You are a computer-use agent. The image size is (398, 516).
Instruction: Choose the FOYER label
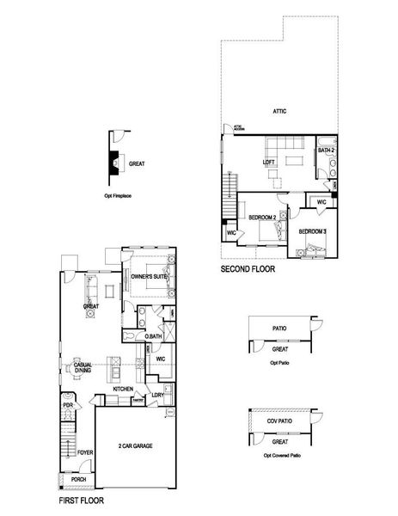click(x=84, y=450)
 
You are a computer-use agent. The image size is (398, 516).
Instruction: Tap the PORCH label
click(x=78, y=479)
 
